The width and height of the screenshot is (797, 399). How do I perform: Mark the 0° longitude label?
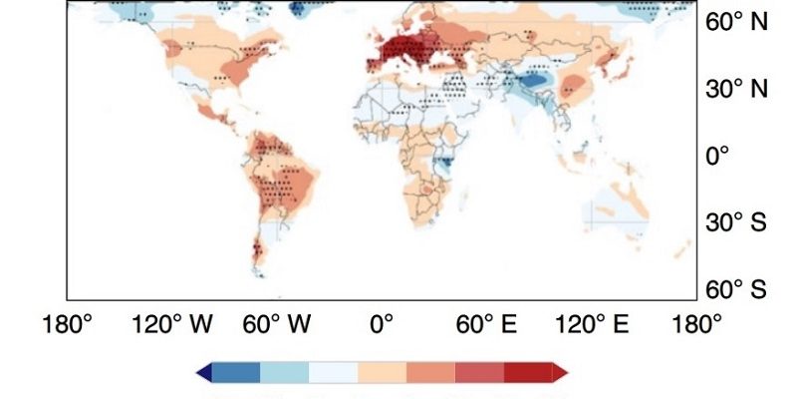tap(382, 324)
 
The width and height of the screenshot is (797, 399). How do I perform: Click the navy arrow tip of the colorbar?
tap(203, 372)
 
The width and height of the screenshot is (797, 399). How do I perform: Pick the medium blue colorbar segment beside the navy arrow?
tap(235, 372)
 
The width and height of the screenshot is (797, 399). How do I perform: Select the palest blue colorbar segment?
tap(333, 372)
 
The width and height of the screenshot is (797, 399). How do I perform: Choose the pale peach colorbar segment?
tap(382, 372)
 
